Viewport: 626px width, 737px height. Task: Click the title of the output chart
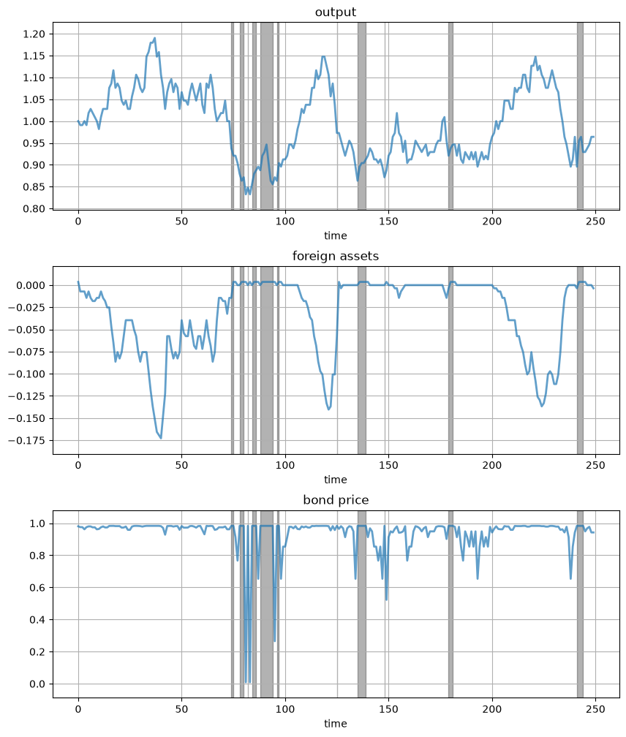click(x=335, y=12)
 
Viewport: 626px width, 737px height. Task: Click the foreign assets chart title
click(x=335, y=256)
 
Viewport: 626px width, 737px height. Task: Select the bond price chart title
click(x=336, y=499)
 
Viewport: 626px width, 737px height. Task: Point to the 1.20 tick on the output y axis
click(x=34, y=34)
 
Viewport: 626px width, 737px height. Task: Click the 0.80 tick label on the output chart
click(x=34, y=208)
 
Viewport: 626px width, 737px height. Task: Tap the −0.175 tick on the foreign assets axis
click(x=27, y=440)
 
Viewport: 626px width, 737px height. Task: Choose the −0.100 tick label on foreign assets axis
click(x=27, y=374)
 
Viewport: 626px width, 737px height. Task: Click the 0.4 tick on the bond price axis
click(x=38, y=620)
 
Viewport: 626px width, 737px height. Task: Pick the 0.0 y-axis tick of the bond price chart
click(x=38, y=684)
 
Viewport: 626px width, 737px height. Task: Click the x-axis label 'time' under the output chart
click(x=335, y=235)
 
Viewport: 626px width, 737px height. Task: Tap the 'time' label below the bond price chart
click(x=335, y=723)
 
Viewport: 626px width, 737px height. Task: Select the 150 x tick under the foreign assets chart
click(x=388, y=465)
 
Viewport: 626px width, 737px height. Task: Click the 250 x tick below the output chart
click(x=596, y=222)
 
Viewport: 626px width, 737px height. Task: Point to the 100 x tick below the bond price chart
click(x=285, y=709)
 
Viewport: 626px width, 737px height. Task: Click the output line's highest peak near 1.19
click(x=154, y=38)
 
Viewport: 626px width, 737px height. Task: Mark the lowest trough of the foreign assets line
click(x=161, y=438)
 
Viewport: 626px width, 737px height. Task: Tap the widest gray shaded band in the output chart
click(x=267, y=116)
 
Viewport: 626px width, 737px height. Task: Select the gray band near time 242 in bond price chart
click(x=580, y=604)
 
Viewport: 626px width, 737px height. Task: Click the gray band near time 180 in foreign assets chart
click(x=450, y=360)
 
